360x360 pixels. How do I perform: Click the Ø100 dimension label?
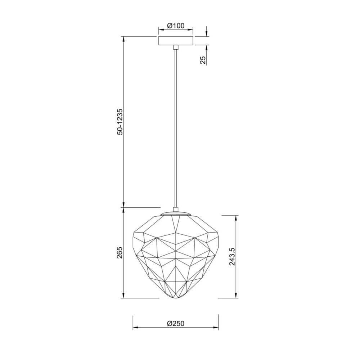[x=176, y=26]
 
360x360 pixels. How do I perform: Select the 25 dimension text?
[x=203, y=60]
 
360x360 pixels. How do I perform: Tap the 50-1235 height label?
[x=120, y=122]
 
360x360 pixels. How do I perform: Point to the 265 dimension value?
[x=120, y=253]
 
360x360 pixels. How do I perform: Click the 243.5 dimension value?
[x=232, y=256]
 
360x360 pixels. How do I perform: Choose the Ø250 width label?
[x=176, y=324]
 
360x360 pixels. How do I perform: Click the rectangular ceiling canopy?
[x=176, y=41]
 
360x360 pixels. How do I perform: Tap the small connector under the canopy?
[x=176, y=47]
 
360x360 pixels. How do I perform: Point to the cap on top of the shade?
[x=176, y=213]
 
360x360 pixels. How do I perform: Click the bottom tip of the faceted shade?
[x=176, y=299]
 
